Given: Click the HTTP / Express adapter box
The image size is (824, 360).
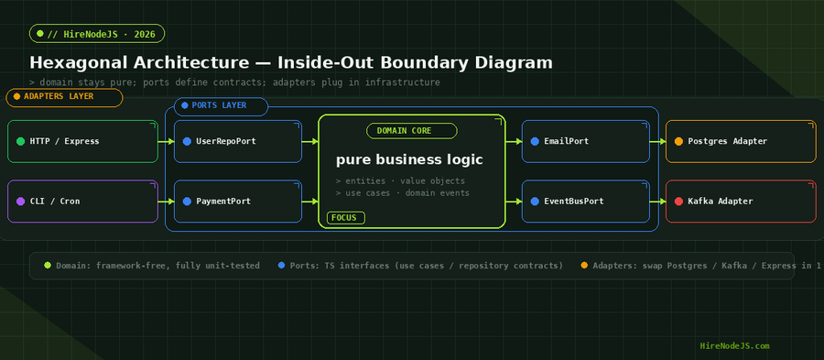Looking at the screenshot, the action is pos(82,141).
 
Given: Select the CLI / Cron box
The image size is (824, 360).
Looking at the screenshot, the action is pos(82,202).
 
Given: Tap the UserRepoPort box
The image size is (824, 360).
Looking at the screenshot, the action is pos(237,141).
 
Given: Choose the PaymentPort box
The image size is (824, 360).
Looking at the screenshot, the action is pos(237,202).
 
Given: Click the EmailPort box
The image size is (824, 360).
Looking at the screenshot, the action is pos(585,141).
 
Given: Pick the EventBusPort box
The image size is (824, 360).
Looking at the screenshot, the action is pos(585,202).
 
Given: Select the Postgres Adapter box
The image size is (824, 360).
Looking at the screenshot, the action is pos(741,141).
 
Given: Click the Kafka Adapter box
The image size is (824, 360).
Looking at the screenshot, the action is pos(741,202).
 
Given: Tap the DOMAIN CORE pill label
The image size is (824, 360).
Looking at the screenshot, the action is pos(411,131).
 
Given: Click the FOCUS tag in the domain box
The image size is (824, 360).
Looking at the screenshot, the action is pos(346,218).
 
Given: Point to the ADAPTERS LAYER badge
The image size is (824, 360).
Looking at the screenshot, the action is pos(64,97).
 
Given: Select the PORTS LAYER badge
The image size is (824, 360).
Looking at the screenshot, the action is pos(221,106).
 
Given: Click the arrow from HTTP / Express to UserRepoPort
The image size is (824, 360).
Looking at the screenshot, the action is pos(166,141).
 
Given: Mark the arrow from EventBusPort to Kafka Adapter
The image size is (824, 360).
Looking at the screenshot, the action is pos(658,202).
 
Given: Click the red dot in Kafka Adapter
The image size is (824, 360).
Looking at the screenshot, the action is pos(678,202).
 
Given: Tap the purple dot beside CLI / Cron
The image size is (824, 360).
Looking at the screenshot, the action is pos(20,202).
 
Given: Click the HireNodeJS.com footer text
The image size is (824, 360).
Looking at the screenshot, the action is pos(734,346).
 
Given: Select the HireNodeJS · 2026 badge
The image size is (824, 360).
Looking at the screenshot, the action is pos(97,34).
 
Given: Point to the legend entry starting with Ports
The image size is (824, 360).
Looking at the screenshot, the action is pos(421,266).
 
